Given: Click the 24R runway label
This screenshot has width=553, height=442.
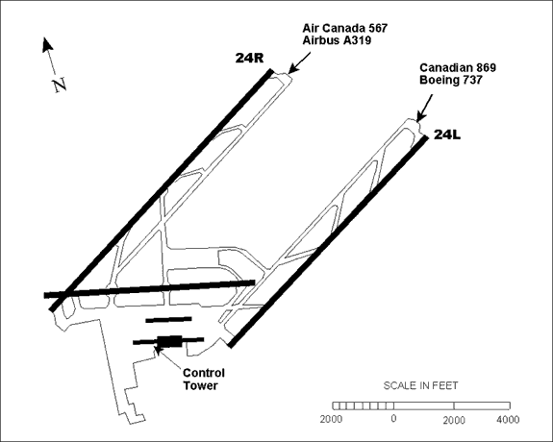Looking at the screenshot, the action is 249,58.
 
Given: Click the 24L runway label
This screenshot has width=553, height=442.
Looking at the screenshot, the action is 447,135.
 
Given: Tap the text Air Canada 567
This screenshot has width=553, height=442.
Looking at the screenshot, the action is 345,28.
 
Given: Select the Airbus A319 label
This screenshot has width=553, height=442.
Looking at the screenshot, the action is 337,40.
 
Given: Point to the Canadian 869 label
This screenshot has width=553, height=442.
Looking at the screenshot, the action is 458,67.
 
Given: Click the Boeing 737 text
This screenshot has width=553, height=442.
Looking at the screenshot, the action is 451,80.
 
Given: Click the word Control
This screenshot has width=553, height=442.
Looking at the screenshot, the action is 204,373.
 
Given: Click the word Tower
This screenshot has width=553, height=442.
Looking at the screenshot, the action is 200,385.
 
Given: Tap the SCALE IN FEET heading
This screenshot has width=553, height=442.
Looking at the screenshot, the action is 420,385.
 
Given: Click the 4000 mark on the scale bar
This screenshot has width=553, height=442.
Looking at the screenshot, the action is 508,420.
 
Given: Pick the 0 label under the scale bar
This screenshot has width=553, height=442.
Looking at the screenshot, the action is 393,419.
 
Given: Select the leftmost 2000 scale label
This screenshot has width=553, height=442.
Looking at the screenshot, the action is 331,420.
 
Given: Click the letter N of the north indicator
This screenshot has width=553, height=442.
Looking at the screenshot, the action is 60,85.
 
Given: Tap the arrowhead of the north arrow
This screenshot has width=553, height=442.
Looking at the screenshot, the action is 47,44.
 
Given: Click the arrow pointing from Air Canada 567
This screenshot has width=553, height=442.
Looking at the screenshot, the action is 299,62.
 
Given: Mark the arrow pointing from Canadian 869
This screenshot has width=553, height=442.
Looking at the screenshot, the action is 425,108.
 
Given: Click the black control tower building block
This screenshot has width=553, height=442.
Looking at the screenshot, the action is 169,341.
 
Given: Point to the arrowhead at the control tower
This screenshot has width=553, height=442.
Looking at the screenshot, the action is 158,350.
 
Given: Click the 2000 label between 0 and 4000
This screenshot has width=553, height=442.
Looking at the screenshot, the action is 454,420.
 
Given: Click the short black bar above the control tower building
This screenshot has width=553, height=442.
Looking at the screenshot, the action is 168,319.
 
